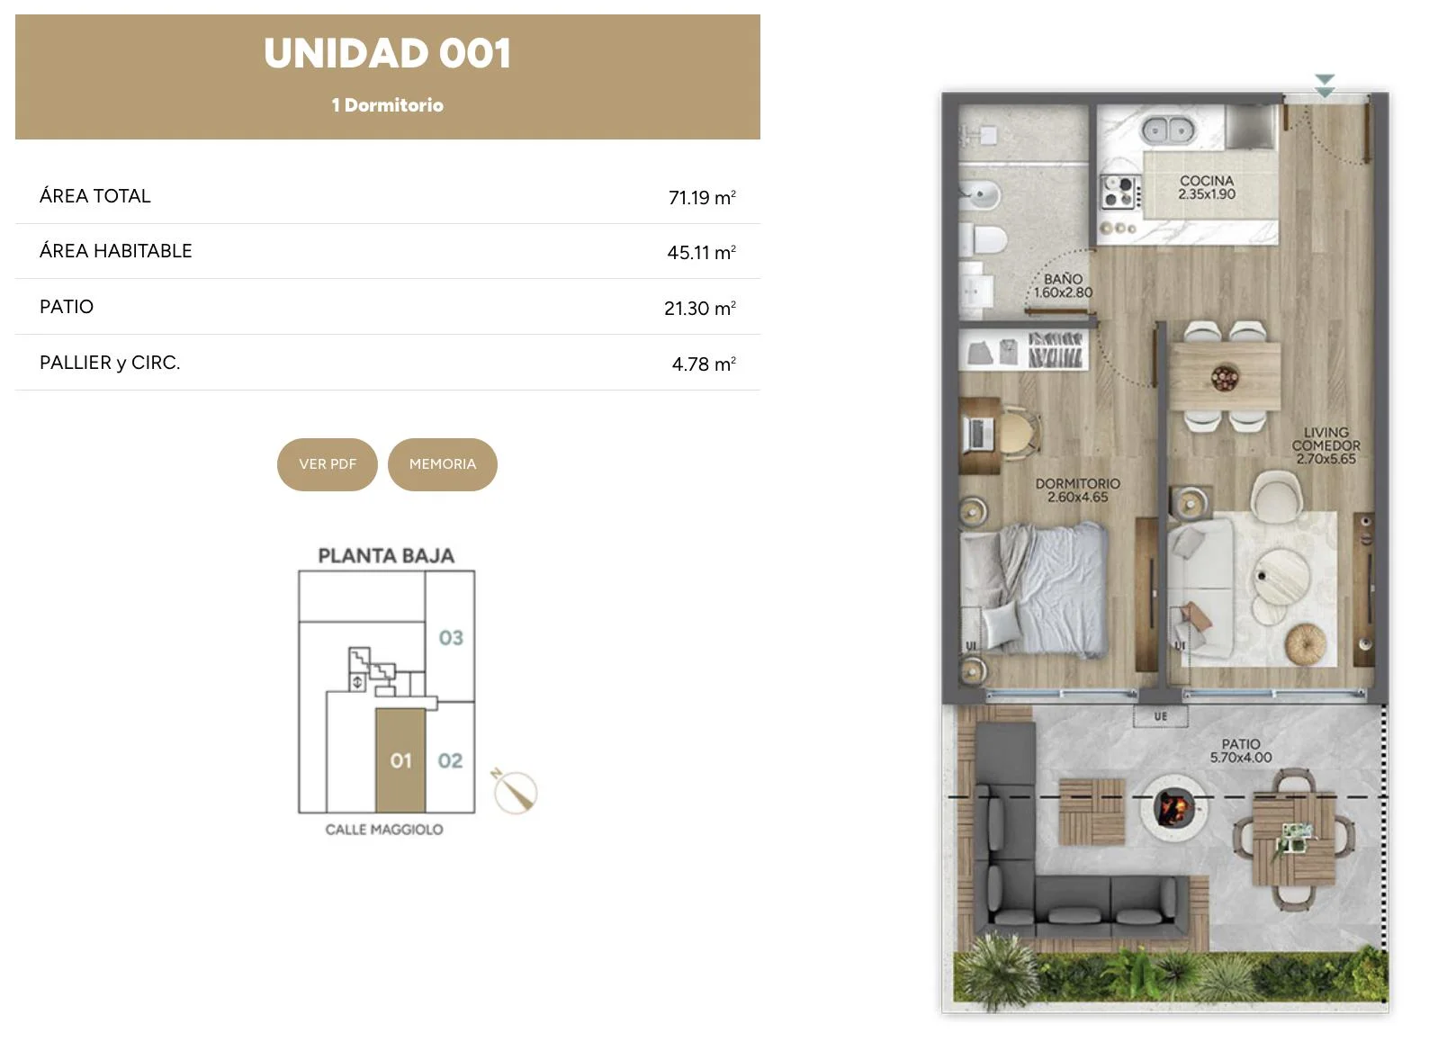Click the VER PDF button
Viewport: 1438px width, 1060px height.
tap(328, 465)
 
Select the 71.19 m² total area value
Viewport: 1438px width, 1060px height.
tap(702, 197)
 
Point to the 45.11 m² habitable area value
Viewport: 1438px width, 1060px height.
tap(702, 252)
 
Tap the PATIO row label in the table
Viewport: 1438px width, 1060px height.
tap(67, 307)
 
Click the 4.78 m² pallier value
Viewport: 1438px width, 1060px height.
tap(705, 364)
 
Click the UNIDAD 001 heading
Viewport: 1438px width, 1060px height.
tap(388, 53)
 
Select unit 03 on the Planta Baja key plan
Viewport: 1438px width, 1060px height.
tap(451, 638)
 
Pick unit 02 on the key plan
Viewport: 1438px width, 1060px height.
tap(450, 761)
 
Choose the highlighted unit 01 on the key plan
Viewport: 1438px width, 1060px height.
tap(400, 761)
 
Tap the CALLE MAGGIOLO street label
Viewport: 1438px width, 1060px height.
tap(384, 830)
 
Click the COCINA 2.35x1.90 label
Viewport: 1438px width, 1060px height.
tap(1207, 187)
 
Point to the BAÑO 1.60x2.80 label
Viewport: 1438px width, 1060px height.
tap(1063, 286)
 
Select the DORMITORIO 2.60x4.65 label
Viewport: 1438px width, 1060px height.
tap(1078, 490)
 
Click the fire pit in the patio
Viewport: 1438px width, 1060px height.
tap(1174, 807)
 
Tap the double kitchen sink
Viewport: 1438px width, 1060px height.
tap(1168, 130)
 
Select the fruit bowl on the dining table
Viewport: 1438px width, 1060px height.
tap(1225, 377)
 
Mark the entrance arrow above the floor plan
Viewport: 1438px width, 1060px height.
tap(1325, 86)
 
